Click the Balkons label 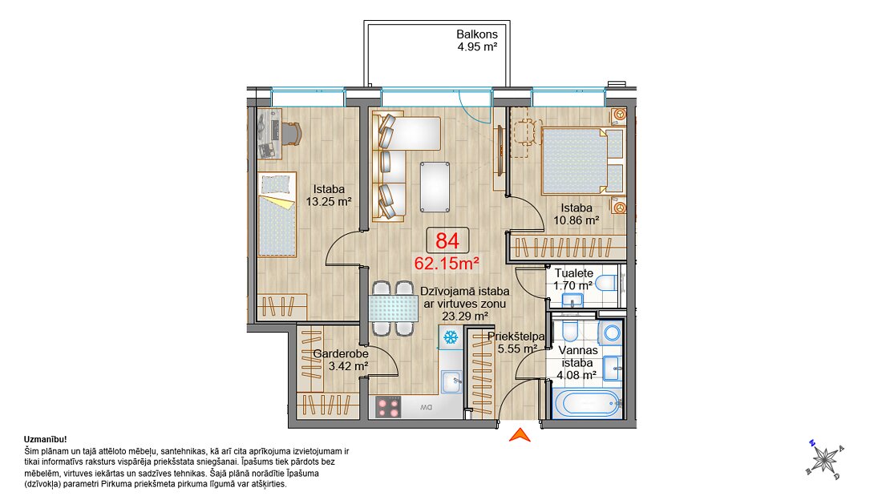point(477,34)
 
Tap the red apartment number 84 point(447,240)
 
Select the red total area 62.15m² point(447,264)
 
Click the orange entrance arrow point(520,435)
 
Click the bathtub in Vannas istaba point(586,404)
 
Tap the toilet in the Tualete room point(605,283)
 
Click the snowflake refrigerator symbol point(451,337)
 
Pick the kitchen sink point(451,382)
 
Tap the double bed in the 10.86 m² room point(582,161)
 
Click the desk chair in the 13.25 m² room point(291,134)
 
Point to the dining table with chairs point(393,308)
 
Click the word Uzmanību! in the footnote point(46,439)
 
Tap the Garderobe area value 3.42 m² point(349,367)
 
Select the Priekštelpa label point(516,337)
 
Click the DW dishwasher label point(427,407)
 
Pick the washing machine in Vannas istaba point(611,333)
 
